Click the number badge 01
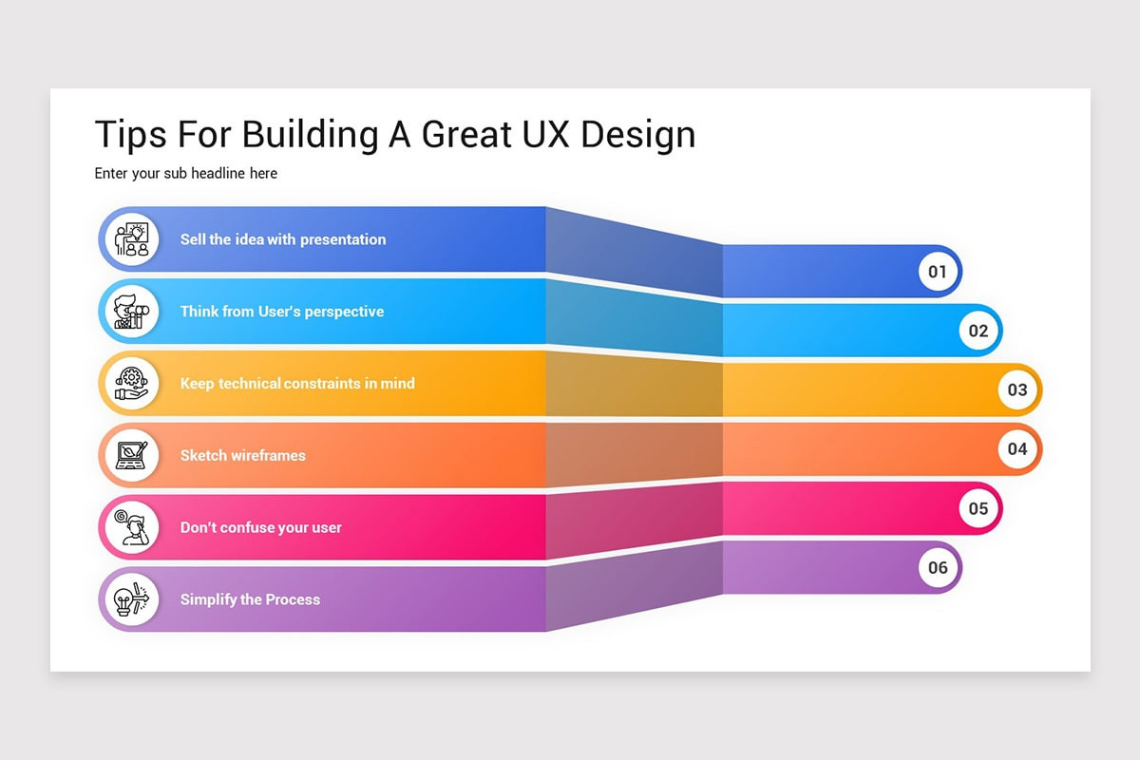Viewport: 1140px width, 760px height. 938,272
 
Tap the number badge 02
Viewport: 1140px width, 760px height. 978,331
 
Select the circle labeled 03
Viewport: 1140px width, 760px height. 1017,389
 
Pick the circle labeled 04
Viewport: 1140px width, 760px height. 1017,448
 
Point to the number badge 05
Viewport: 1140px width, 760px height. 978,508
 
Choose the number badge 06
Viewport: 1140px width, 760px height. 938,567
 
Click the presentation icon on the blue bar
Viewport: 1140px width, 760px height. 130,239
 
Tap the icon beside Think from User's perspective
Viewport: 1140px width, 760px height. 130,312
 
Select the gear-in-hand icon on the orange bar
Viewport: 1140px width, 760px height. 130,383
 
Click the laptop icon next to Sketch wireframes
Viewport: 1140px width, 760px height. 130,455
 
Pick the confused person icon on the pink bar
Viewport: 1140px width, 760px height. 130,527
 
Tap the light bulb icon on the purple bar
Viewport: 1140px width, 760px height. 130,599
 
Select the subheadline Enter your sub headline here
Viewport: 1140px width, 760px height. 186,174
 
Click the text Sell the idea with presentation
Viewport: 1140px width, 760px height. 283,239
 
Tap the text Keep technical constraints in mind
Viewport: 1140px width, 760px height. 297,384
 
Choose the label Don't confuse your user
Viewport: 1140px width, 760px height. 261,527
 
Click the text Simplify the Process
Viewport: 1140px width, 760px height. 250,599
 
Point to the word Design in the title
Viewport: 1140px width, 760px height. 637,134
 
